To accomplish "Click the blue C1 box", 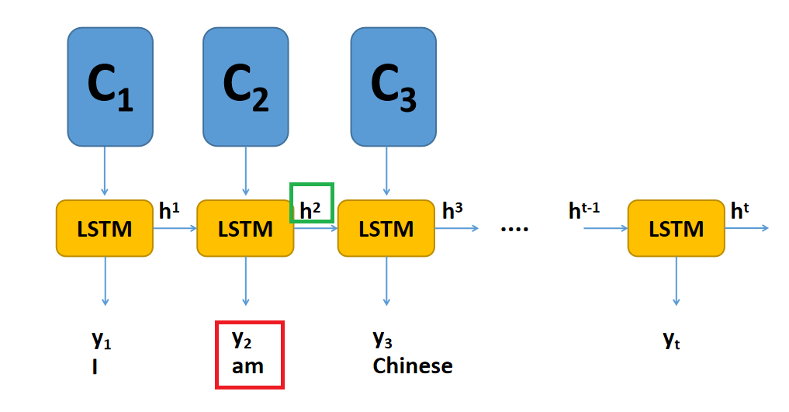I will (x=109, y=87).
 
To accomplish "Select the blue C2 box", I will (x=245, y=87).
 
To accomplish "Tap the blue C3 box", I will (x=393, y=87).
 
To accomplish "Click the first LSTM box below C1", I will (x=105, y=229).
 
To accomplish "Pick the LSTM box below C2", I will (x=245, y=229).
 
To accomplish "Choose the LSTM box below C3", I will (x=386, y=229).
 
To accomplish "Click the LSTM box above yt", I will (x=677, y=229).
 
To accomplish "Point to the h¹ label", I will (x=170, y=210).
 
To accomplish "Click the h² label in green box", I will (x=311, y=209).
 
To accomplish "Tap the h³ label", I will (x=453, y=209).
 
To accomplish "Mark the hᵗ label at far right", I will (x=742, y=210).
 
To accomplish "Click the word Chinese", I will (x=412, y=365).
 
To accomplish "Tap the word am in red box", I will (x=248, y=365).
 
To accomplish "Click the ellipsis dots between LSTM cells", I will (x=514, y=230).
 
